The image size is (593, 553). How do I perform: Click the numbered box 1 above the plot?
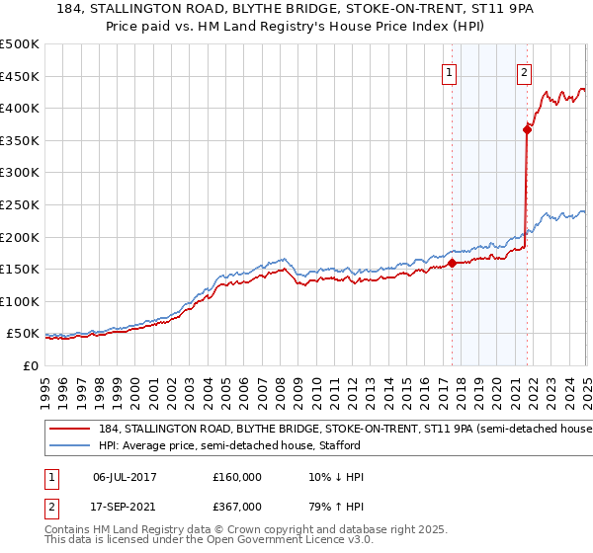(x=450, y=71)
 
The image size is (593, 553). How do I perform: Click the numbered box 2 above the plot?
(x=523, y=71)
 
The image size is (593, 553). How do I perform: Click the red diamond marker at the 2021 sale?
(x=527, y=128)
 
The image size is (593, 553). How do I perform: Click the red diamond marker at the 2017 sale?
(x=452, y=263)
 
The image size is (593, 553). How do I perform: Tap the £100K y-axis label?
(x=22, y=301)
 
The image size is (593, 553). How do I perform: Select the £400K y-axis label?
(x=22, y=108)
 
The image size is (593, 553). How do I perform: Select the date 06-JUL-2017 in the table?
(x=125, y=476)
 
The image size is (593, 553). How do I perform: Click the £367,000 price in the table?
(x=238, y=506)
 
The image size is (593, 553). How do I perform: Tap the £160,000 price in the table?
(x=238, y=476)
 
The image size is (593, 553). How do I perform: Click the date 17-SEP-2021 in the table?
(x=125, y=506)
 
